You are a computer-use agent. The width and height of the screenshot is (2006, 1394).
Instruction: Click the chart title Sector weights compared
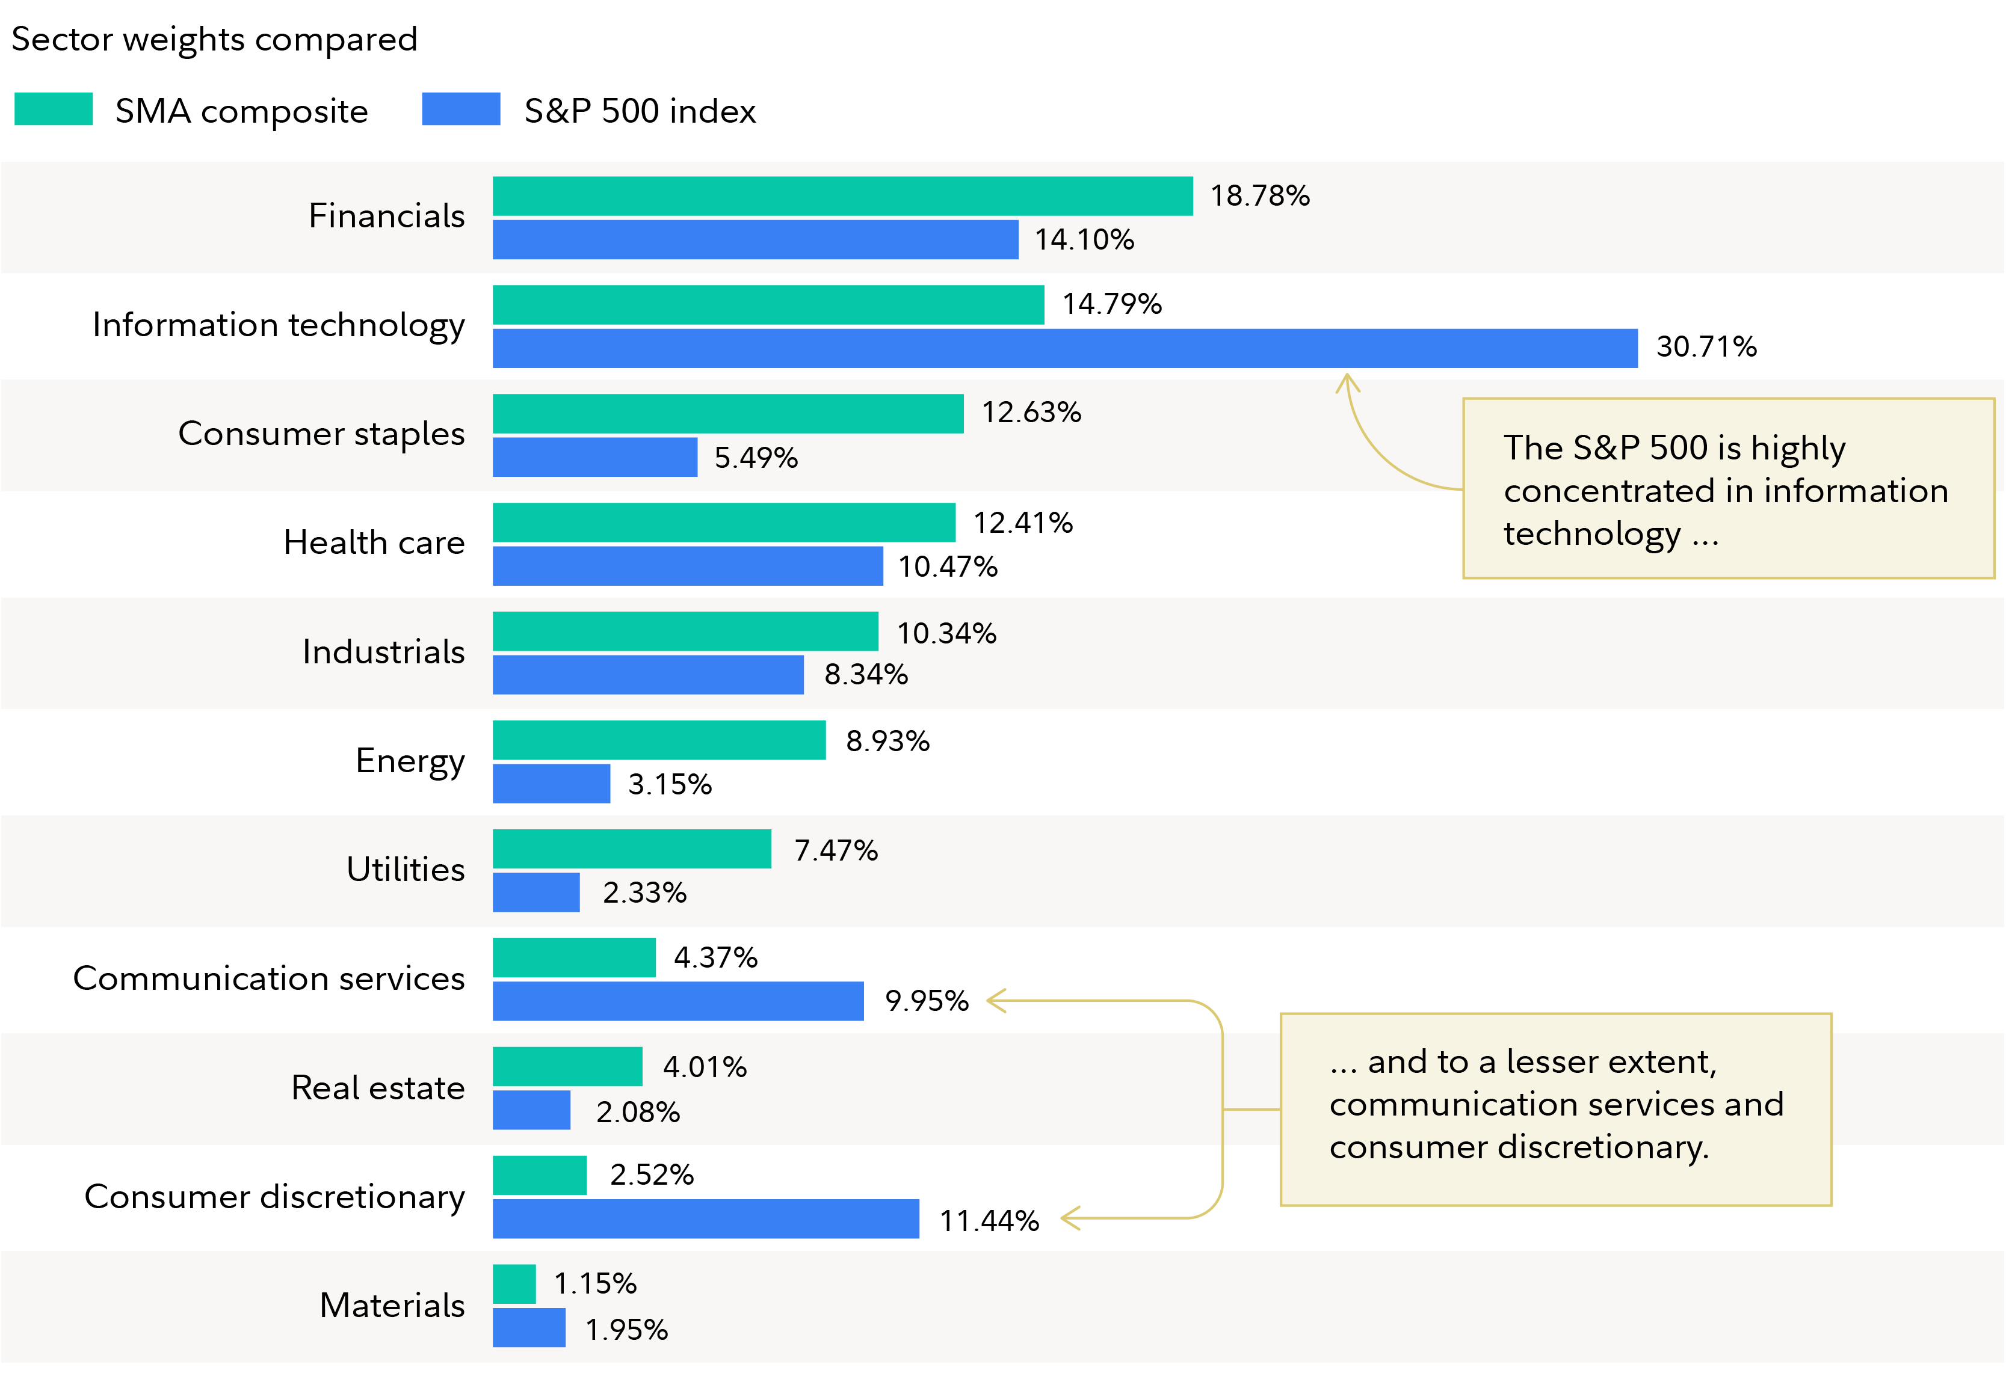pos(214,39)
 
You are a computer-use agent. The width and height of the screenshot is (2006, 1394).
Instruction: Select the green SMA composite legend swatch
pos(54,109)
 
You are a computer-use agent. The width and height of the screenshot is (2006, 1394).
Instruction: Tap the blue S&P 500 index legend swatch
pos(460,109)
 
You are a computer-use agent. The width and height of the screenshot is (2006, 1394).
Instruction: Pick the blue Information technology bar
pos(1064,349)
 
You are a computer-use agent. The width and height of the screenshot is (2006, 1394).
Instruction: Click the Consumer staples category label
pos(321,433)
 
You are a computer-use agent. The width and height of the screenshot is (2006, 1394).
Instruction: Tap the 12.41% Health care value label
pos(1022,523)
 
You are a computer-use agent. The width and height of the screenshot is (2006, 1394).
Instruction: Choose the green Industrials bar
pos(685,631)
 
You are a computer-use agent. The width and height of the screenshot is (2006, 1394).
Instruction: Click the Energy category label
pos(410,761)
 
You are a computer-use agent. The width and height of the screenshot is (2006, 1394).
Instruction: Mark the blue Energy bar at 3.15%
pos(551,784)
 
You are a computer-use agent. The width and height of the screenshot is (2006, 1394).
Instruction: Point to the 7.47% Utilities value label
pos(835,850)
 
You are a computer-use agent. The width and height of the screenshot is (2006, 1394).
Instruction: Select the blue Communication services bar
pos(678,1001)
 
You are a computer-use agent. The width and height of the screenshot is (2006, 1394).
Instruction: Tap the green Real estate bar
pos(567,1066)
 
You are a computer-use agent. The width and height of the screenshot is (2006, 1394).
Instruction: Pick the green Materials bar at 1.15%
pos(514,1284)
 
